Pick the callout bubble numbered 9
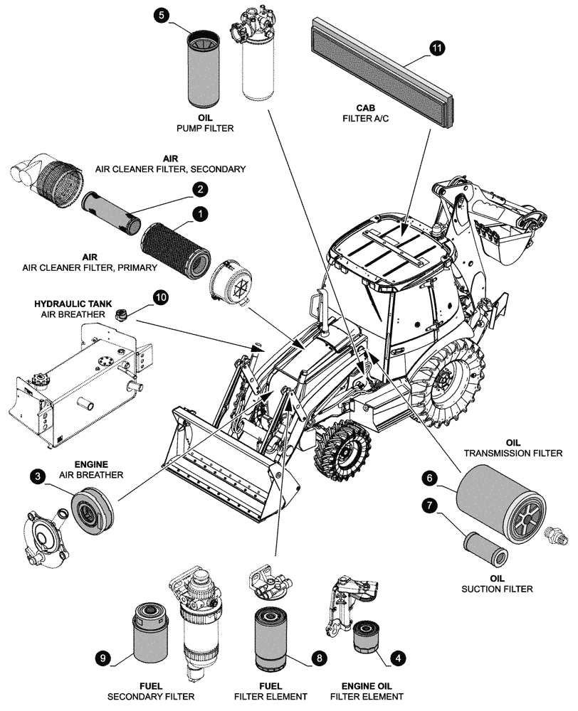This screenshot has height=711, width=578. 104,659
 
